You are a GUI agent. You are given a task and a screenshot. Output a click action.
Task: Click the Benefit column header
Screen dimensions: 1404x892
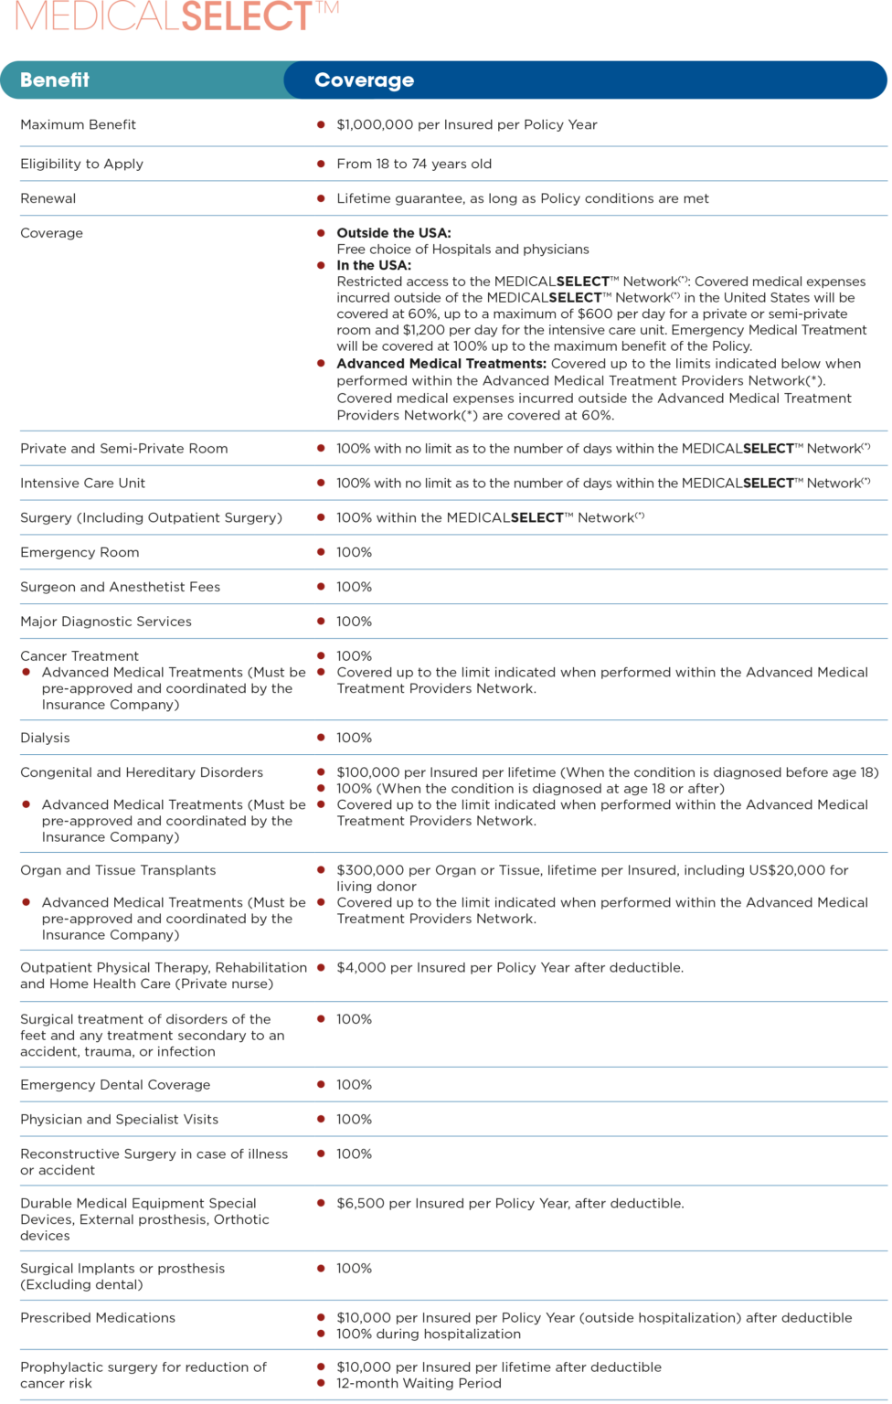(55, 80)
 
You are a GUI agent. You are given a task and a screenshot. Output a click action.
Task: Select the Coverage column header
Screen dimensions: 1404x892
(364, 80)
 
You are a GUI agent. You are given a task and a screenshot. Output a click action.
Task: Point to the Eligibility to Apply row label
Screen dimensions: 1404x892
(81, 164)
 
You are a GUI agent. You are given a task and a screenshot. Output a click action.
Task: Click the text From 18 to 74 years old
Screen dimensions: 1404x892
(414, 164)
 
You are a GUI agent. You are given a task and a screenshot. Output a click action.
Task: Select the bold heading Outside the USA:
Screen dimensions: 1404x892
(393, 233)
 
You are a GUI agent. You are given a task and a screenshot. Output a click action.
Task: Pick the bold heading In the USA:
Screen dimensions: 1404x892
(373, 265)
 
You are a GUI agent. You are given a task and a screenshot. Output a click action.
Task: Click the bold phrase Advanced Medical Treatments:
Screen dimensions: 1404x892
(441, 364)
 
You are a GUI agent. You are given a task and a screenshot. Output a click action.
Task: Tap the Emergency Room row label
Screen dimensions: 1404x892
(80, 552)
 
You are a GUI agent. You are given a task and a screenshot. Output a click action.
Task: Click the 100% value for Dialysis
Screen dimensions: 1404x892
(354, 738)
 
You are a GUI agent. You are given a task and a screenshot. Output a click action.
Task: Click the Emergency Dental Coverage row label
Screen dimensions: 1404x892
(115, 1085)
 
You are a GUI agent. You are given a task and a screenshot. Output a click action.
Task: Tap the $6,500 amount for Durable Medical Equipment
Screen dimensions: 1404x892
(360, 1203)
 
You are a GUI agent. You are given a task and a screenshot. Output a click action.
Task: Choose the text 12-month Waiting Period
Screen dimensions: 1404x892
(419, 1383)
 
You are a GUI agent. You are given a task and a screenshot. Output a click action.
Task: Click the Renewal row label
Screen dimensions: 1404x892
(48, 198)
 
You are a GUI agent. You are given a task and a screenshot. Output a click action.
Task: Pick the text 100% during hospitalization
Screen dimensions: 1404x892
(429, 1334)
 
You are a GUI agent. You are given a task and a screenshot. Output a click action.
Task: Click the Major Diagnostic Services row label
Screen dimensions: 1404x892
(106, 622)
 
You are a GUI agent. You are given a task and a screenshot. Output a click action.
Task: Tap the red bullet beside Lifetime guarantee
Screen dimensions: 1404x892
(321, 198)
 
